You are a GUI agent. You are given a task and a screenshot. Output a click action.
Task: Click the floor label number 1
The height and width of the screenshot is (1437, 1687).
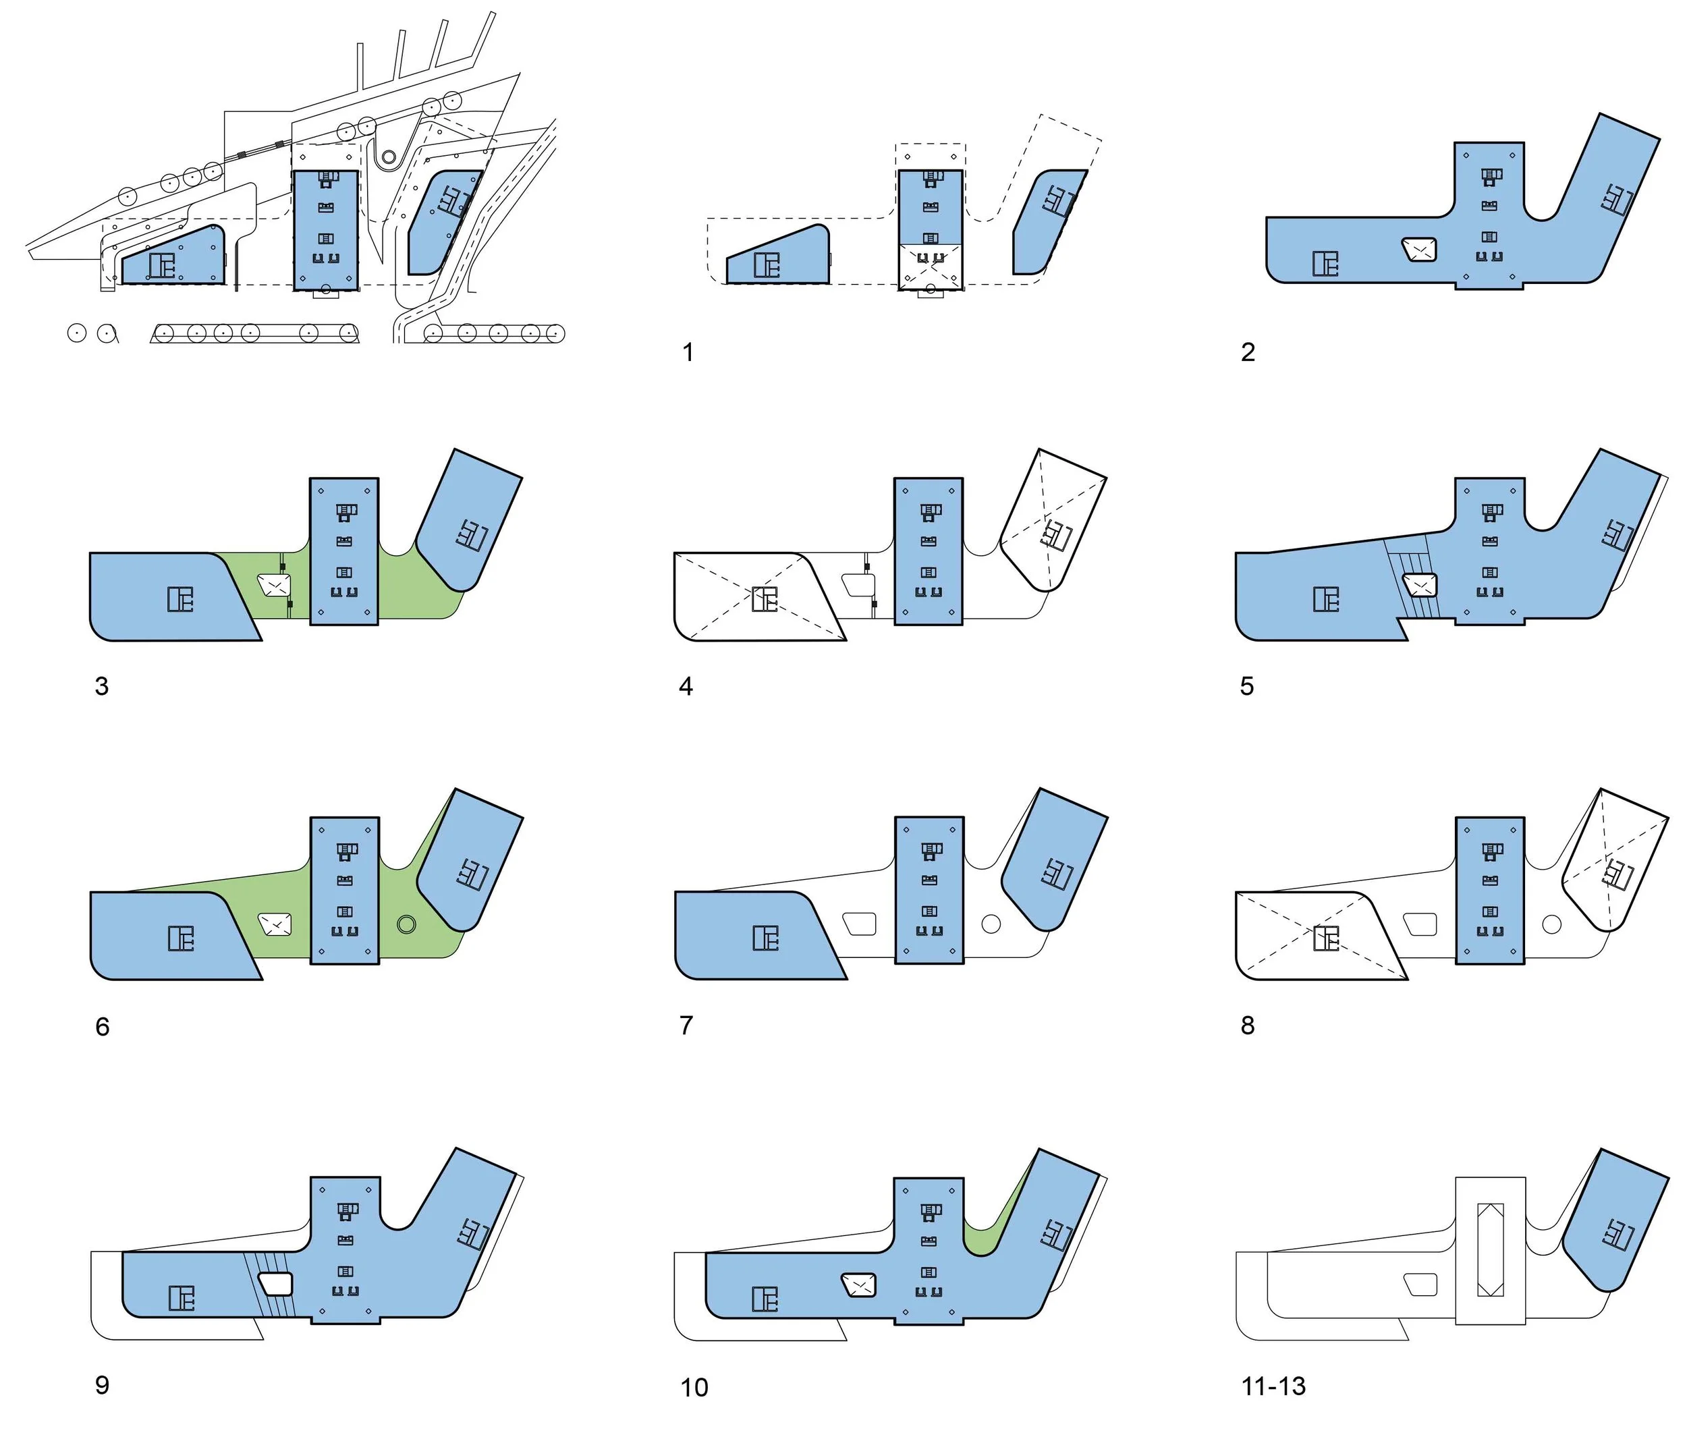[688, 353]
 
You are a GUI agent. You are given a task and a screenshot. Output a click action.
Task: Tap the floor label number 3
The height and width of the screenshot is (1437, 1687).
[102, 686]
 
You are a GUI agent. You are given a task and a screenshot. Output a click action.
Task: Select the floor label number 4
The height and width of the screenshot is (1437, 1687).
[686, 686]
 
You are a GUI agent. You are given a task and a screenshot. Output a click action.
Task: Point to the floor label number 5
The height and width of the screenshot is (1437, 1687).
[1246, 686]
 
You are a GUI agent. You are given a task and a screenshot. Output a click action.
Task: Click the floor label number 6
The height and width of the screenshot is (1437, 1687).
[102, 1026]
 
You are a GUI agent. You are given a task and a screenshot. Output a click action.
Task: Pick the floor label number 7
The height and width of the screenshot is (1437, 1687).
[686, 1025]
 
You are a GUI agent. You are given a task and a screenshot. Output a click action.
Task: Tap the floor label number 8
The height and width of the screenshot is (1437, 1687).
[1247, 1025]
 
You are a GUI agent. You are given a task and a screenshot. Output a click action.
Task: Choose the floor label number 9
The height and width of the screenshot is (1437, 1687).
[102, 1385]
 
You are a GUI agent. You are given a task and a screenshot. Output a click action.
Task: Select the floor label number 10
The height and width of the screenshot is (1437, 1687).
[694, 1387]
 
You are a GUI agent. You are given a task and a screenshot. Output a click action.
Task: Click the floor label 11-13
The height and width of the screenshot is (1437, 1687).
[1273, 1386]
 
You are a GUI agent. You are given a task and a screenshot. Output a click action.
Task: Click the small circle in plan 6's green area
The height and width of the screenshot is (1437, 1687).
[406, 924]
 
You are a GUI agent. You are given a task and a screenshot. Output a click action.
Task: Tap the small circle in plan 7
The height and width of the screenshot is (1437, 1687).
[991, 924]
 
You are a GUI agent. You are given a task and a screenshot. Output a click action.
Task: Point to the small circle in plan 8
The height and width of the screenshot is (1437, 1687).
[1551, 924]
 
